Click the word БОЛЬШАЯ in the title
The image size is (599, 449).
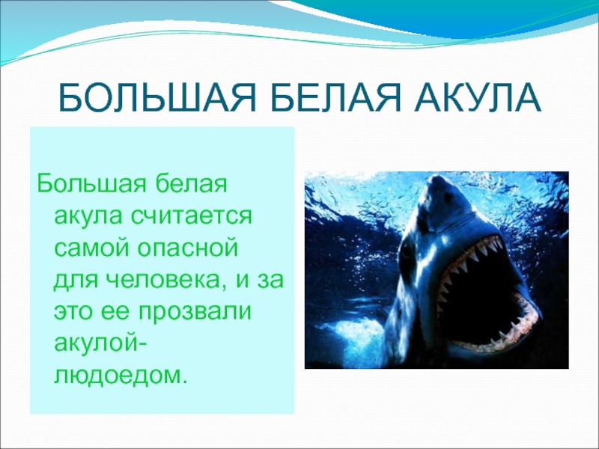[156, 97]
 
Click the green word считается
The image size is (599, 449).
[191, 217]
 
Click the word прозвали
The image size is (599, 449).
[195, 312]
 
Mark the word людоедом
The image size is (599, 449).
[121, 376]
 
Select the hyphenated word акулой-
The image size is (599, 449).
[100, 344]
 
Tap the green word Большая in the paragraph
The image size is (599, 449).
[91, 185]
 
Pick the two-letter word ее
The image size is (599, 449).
[116, 313]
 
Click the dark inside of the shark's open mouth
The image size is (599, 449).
[481, 294]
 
